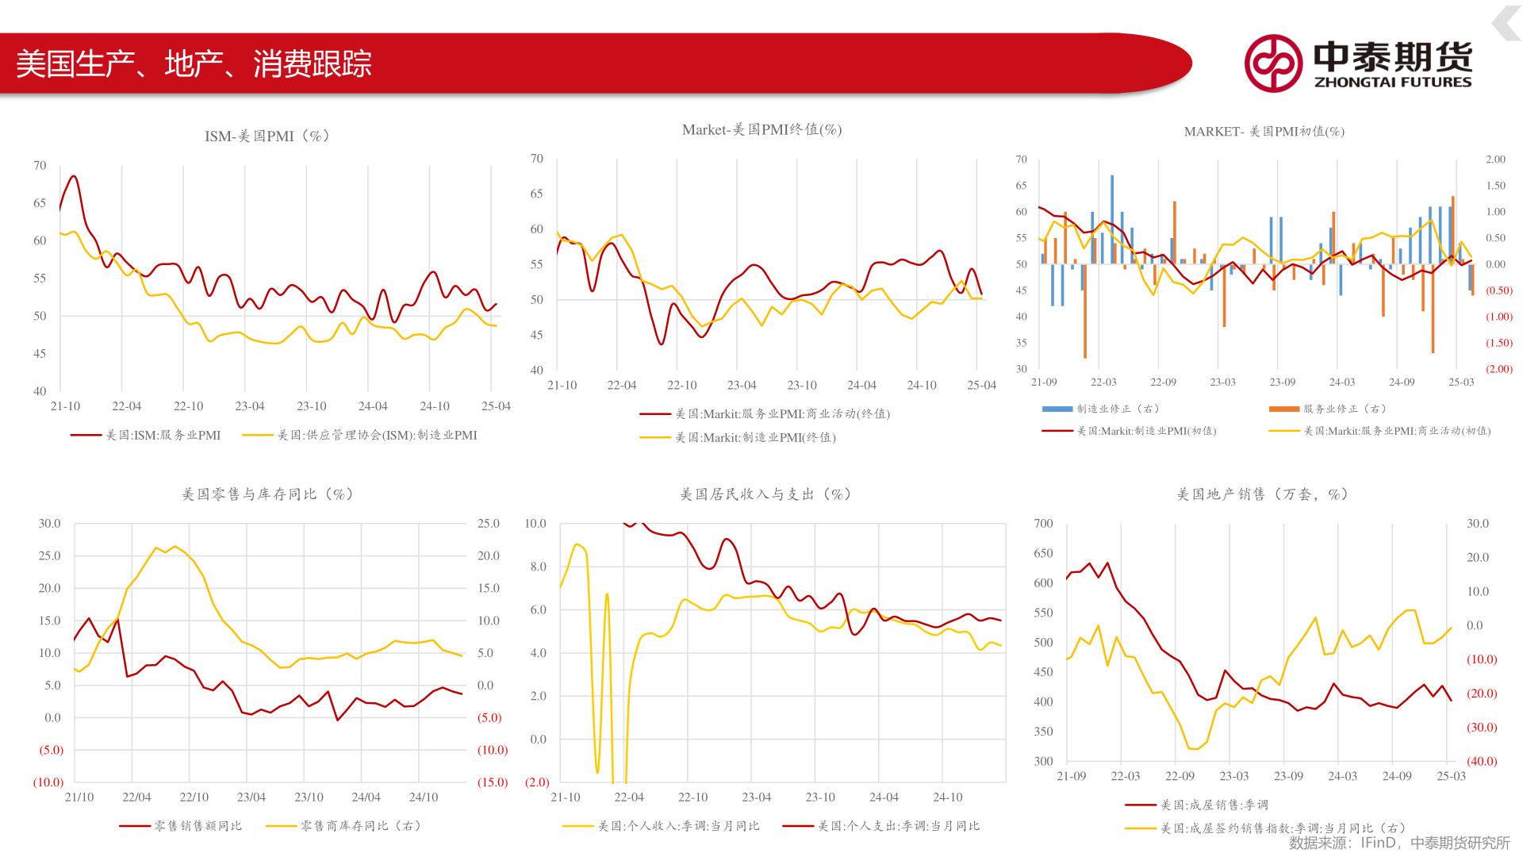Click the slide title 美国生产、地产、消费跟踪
tap(194, 64)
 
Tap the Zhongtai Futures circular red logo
tap(1272, 63)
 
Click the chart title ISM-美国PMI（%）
tap(267, 136)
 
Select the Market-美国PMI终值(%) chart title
tap(761, 129)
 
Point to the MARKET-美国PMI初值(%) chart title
tap(1264, 132)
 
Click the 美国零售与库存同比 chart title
tap(267, 494)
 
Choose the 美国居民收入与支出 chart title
tap(765, 494)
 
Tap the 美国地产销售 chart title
tap(1262, 494)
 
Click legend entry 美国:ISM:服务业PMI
tap(163, 436)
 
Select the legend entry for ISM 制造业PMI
tap(377, 436)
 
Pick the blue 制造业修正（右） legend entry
tap(1117, 409)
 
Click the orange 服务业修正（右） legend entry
tap(1344, 409)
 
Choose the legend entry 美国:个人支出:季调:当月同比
tap(898, 826)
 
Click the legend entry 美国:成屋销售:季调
tap(1214, 805)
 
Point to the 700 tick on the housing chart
tap(1043, 524)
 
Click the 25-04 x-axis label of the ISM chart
tap(496, 406)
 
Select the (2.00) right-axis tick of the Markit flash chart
tap(1498, 369)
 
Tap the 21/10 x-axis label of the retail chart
tap(79, 797)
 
